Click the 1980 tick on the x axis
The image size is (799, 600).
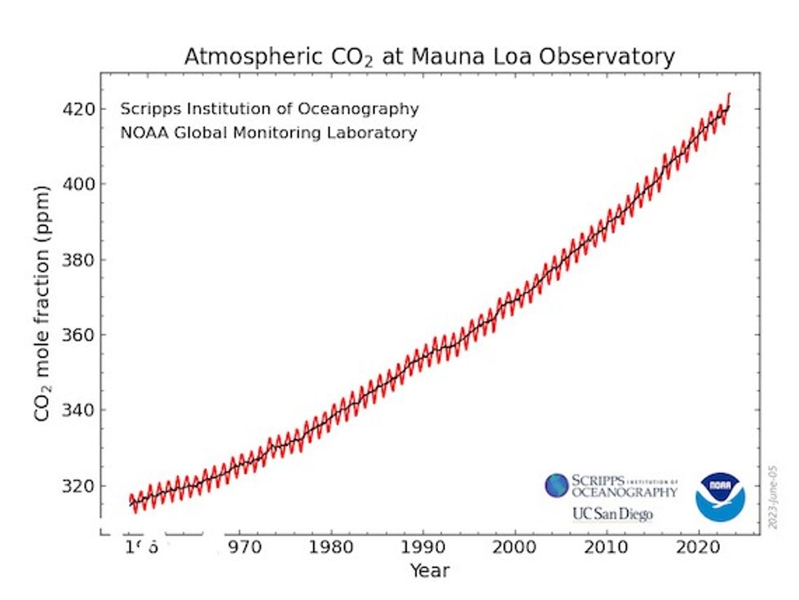331,545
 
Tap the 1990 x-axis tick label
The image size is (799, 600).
423,545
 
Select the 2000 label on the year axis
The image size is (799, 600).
515,545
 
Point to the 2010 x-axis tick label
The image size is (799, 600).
607,545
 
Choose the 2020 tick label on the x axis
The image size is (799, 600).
699,545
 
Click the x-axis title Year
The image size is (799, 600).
430,570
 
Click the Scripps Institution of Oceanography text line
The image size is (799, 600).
269,108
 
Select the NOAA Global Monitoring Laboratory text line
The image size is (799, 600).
268,132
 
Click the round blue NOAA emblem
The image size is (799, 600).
720,496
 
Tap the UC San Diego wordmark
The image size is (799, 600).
612,514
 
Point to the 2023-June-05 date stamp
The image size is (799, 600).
773,498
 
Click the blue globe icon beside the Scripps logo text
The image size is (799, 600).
557,486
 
